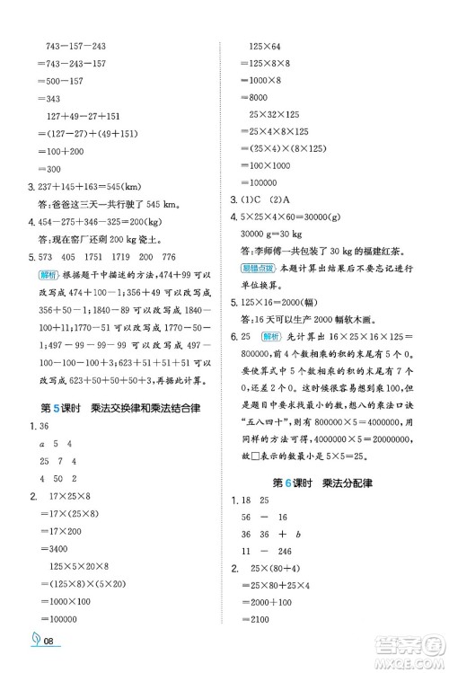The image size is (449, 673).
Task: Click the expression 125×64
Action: click(265, 46)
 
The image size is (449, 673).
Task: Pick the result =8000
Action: click(257, 97)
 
